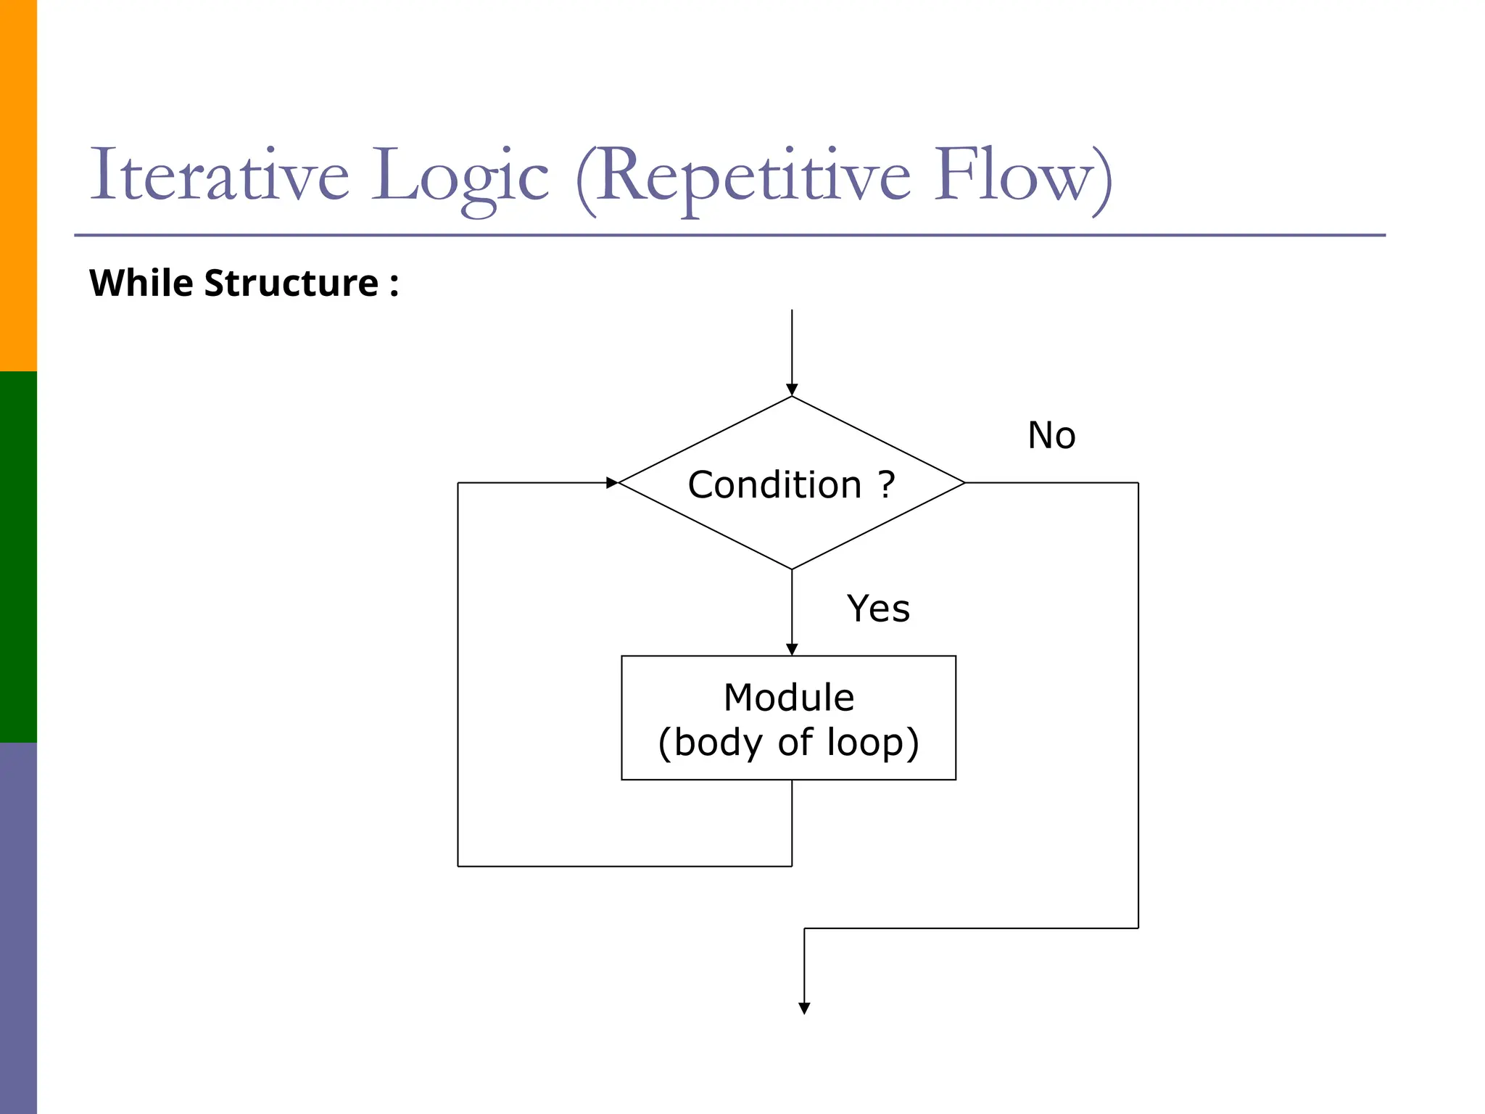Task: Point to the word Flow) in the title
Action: pyautogui.click(x=1022, y=176)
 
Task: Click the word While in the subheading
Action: pyautogui.click(x=141, y=283)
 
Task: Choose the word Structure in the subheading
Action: pyautogui.click(x=291, y=283)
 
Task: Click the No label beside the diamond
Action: pyautogui.click(x=1051, y=436)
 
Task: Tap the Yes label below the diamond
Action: pyautogui.click(x=877, y=608)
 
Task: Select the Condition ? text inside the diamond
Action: pyautogui.click(x=791, y=484)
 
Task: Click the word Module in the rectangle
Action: pyautogui.click(x=789, y=698)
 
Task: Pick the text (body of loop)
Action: pyautogui.click(x=789, y=743)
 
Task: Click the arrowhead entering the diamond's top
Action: pyautogui.click(x=792, y=389)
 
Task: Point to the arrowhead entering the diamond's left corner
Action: pyautogui.click(x=612, y=482)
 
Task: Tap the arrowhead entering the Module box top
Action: pyautogui.click(x=792, y=649)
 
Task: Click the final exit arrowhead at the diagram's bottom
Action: pyautogui.click(x=804, y=1008)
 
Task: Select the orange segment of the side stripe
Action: pyautogui.click(x=18, y=185)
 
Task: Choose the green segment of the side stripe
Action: pyautogui.click(x=18, y=557)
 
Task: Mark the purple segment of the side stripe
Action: pyautogui.click(x=18, y=928)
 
